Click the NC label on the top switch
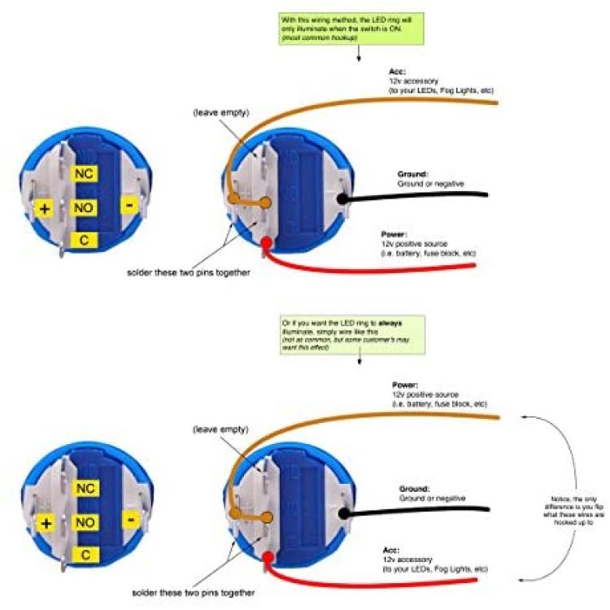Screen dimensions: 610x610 pos(84,173)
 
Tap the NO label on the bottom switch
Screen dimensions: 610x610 pos(85,522)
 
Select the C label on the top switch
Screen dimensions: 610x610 pos(84,240)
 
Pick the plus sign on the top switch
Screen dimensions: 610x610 pos(44,208)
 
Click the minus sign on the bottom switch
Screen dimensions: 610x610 pos(131,520)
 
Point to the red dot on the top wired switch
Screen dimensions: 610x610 pos(267,243)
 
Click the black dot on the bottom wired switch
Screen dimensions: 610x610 pos(343,513)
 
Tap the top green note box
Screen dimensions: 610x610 pos(351,28)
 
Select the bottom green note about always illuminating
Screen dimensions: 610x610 pos(352,335)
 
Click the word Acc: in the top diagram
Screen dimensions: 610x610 pos(397,72)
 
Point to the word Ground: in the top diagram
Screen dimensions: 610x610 pos(412,174)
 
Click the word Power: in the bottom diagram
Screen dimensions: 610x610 pos(405,386)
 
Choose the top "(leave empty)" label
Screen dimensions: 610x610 pos(221,113)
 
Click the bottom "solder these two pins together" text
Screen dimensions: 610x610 pos(194,593)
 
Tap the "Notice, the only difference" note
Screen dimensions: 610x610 pos(574,511)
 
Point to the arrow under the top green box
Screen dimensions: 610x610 pos(359,53)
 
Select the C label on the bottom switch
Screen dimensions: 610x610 pos(85,555)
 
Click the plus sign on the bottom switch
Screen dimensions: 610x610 pos(46,523)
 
